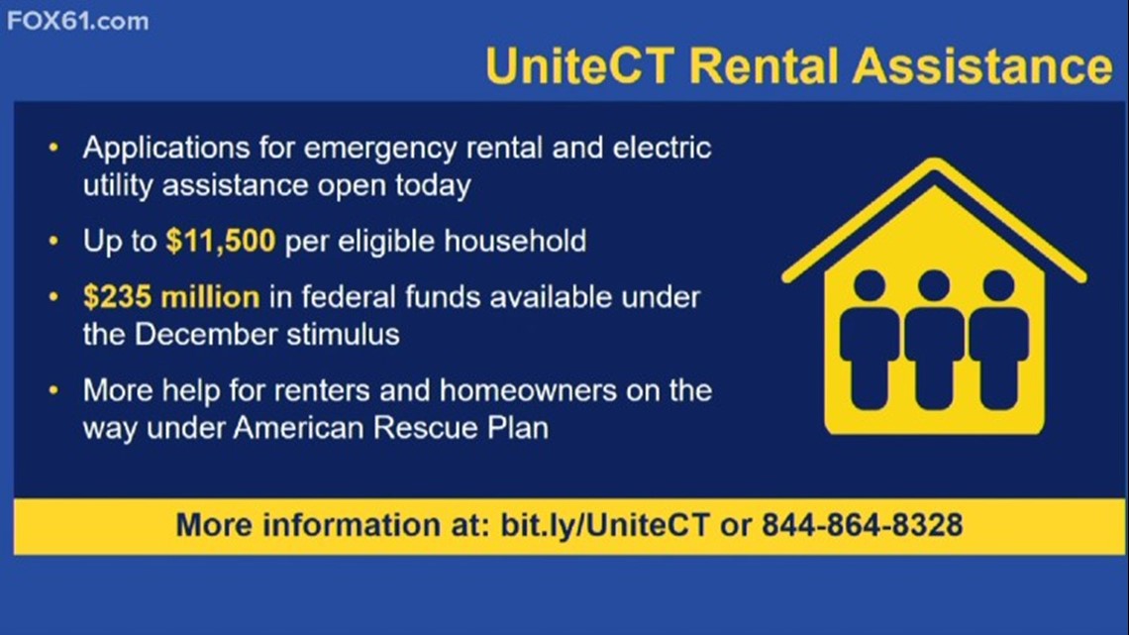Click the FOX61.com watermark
click(x=78, y=21)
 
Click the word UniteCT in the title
click(x=580, y=65)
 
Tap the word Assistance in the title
click(x=982, y=65)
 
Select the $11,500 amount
click(x=220, y=241)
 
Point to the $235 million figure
click(x=171, y=296)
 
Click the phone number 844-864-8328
click(x=862, y=525)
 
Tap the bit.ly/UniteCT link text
click(x=605, y=525)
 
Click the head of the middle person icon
click(x=934, y=286)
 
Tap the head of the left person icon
click(x=870, y=286)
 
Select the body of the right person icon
click(x=998, y=358)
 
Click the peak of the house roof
click(x=935, y=161)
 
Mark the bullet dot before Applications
click(x=53, y=148)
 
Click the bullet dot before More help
click(x=53, y=390)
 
